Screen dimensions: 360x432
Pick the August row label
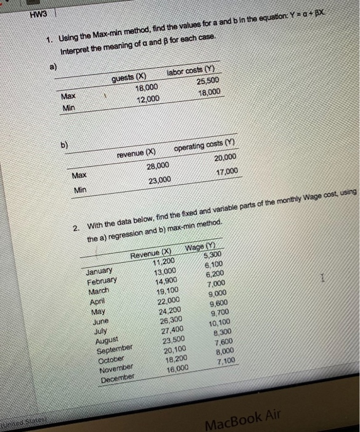click(x=109, y=338)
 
